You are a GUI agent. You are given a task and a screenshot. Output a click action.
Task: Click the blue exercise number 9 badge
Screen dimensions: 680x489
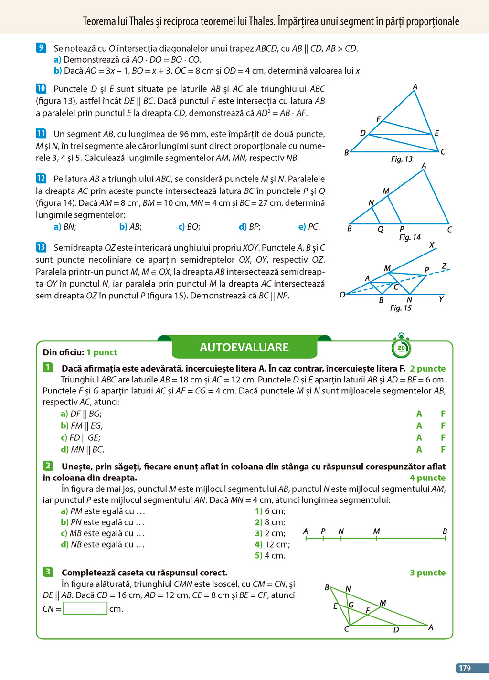pos(41,48)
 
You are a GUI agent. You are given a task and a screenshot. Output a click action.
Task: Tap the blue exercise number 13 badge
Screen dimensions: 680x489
pos(41,247)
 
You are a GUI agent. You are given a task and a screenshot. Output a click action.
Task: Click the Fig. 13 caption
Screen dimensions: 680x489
pos(402,159)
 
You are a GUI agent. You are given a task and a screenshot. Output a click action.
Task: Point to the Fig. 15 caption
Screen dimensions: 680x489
pos(401,308)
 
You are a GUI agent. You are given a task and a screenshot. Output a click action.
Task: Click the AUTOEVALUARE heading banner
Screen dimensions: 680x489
pos(244,347)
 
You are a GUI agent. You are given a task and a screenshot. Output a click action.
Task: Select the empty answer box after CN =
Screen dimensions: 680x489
pos(85,608)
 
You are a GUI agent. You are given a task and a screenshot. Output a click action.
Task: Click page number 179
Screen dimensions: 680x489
pos(465,668)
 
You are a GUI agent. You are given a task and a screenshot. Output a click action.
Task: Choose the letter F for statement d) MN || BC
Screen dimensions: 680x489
pos(443,449)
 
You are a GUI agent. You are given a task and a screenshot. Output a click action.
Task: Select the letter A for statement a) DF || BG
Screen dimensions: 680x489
pos(419,414)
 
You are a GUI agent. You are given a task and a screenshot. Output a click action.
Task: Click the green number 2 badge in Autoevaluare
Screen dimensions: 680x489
pos(48,466)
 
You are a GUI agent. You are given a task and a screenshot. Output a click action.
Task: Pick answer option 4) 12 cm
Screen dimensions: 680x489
pos(272,544)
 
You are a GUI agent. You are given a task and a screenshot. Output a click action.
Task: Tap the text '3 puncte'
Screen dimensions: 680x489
pos(427,573)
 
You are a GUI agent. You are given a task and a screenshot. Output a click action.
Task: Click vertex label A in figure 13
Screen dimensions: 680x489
pos(415,87)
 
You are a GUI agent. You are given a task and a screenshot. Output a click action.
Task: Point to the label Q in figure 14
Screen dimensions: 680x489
pos(381,229)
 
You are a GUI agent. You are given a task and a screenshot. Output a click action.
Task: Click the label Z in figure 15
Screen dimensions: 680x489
pos(444,266)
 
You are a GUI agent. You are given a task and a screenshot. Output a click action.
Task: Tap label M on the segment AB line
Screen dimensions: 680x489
pos(376,531)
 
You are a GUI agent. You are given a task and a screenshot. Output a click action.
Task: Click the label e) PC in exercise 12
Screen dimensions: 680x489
pos(309,227)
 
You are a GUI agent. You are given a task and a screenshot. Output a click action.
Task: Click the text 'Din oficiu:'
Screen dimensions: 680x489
pos(63,352)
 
